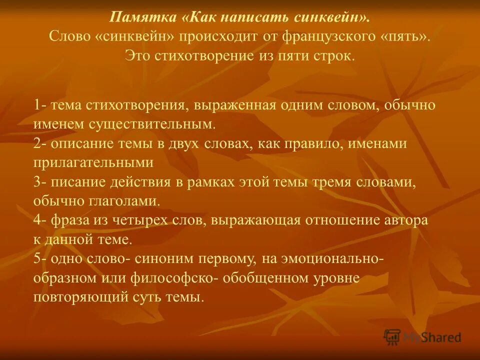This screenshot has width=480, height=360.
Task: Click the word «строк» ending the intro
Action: click(x=337, y=54)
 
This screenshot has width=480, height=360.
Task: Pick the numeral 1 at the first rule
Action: click(x=37, y=105)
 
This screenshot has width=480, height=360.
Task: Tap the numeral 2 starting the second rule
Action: click(x=37, y=144)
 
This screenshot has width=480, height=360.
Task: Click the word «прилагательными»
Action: click(x=93, y=162)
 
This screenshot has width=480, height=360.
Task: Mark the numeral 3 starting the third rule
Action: click(x=37, y=182)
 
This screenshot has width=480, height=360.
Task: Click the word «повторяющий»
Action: click(x=81, y=297)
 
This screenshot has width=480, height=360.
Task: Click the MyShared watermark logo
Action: click(x=422, y=336)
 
